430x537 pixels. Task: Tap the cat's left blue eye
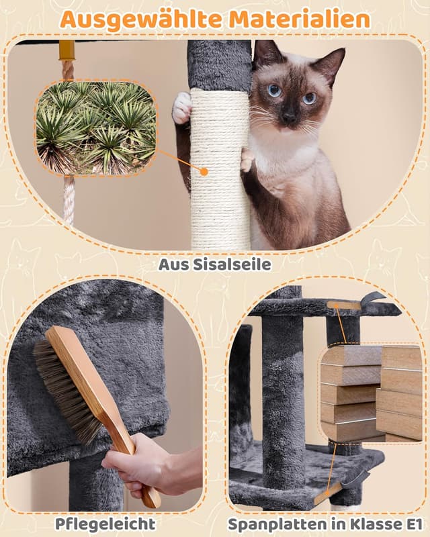point(274,90)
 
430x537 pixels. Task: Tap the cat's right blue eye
point(309,98)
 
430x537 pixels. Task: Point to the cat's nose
point(288,116)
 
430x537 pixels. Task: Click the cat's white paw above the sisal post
point(181,107)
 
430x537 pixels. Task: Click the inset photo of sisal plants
point(95,128)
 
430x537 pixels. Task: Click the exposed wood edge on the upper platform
point(344,305)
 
